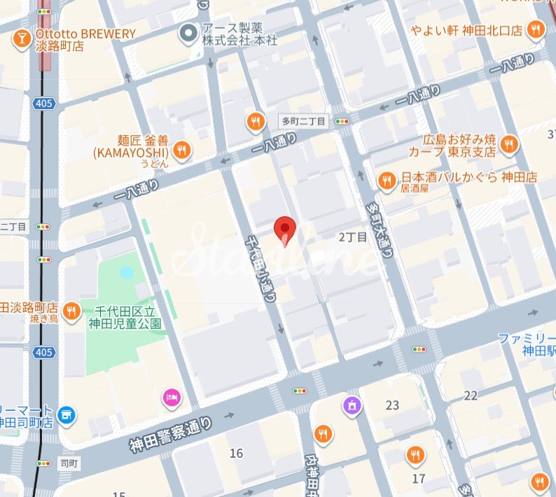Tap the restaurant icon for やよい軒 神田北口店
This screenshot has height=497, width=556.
coord(536,29)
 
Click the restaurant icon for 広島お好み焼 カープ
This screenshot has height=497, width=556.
coord(508,145)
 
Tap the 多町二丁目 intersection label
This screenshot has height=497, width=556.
coord(303,121)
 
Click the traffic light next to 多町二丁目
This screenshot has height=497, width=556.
coord(342,121)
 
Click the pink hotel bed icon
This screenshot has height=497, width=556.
coord(171,398)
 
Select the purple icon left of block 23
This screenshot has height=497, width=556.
coord(352,405)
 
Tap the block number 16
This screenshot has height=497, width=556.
coord(236,454)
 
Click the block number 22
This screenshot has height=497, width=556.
coord(470,395)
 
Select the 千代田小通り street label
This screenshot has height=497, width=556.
coord(260,268)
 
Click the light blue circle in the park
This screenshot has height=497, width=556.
coord(126,272)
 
